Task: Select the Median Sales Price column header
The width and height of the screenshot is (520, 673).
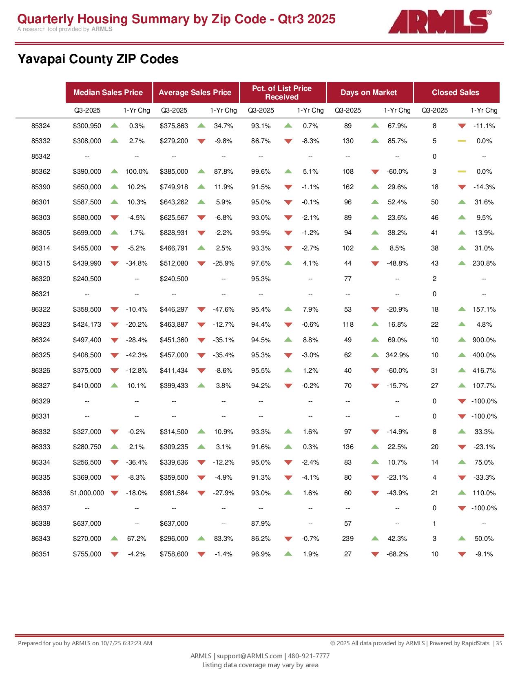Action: pos(108,93)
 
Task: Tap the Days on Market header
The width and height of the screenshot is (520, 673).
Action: pos(369,93)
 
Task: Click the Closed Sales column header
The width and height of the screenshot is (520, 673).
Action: pos(456,93)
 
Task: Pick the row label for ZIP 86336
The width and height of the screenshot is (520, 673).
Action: pos(41,493)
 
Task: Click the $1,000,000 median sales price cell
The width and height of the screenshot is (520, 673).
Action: pos(87,493)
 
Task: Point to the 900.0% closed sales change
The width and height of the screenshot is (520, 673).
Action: pos(484,340)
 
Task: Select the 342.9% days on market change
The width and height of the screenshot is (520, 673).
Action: pos(397,355)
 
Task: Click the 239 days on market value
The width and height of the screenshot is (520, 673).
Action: pos(348,539)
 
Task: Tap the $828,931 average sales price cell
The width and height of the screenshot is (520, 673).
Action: pos(174,233)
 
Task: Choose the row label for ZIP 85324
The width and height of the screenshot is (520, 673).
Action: pos(41,126)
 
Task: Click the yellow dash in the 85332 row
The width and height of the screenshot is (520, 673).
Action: pos(462,141)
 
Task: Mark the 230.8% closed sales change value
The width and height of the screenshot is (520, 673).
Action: pos(484,263)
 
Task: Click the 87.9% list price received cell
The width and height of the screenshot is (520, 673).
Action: pos(261,523)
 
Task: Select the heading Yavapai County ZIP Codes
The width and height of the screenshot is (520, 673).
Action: pos(98,60)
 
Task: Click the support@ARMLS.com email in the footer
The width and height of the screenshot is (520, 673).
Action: pos(250,656)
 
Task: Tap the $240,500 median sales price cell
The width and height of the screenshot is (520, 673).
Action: pos(87,279)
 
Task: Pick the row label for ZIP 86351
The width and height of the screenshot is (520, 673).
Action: pos(41,554)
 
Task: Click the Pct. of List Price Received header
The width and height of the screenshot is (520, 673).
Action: pos(282,93)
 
